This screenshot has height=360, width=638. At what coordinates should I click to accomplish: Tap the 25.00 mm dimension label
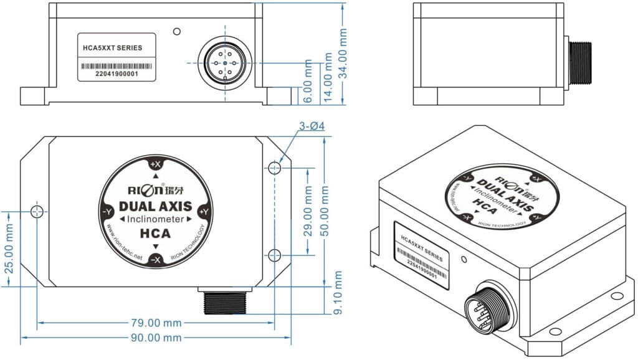[9, 247]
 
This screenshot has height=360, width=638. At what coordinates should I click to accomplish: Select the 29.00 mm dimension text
[307, 212]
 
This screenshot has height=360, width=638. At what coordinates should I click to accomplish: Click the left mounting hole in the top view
[37, 211]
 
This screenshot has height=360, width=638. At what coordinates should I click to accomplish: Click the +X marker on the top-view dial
[156, 164]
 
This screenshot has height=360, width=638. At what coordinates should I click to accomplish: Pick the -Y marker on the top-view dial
[107, 211]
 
